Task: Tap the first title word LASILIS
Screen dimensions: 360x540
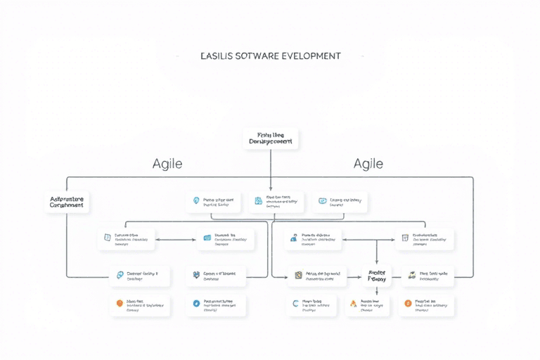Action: [218, 56]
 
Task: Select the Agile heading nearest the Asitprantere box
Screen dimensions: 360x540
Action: [167, 164]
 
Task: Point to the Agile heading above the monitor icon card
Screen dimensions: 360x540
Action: [368, 164]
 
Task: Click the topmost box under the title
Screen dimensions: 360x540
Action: [271, 138]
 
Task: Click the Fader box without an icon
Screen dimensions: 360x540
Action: [376, 275]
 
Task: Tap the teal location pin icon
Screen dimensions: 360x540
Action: [196, 201]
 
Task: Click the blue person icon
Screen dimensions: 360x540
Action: [294, 239]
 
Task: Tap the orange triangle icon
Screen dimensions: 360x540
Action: [353, 304]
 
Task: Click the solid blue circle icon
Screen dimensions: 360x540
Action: [196, 304]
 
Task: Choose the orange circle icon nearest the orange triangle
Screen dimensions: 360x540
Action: [408, 304]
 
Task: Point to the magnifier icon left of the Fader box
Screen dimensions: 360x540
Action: [298, 275]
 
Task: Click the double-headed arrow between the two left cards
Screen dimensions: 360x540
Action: [176, 240]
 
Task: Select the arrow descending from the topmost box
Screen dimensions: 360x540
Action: [271, 169]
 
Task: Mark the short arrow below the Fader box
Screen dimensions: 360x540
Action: [376, 289]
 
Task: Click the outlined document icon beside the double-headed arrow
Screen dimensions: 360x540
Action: [108, 238]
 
